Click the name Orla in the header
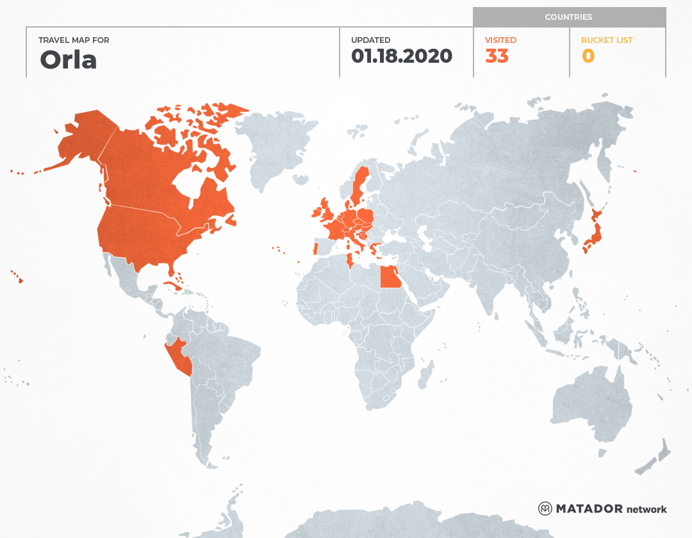[69, 60]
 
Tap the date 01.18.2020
[402, 56]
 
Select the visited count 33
[497, 56]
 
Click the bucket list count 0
[588, 56]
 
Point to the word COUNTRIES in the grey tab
[568, 17]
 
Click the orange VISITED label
[500, 40]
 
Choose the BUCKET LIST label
[606, 40]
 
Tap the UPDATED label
[370, 40]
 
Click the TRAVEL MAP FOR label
[74, 40]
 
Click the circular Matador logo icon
[545, 509]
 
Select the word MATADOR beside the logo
[589, 509]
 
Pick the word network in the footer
[647, 509]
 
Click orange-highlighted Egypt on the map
[390, 277]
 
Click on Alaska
[80, 138]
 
